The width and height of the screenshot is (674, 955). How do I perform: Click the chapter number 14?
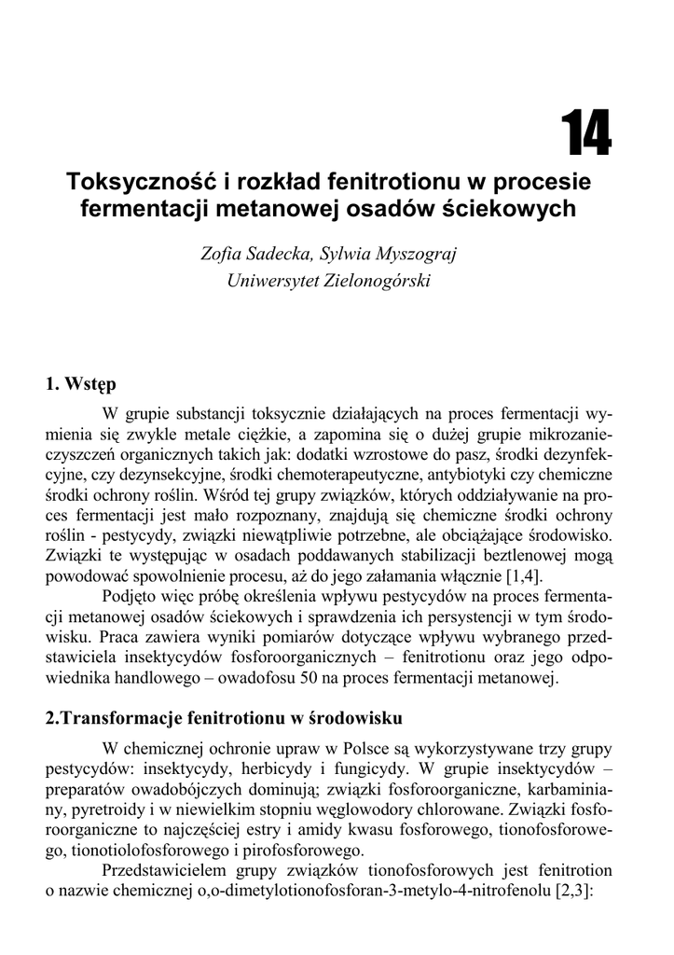pyautogui.click(x=585, y=134)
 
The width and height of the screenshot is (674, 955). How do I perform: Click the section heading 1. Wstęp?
pyautogui.click(x=81, y=383)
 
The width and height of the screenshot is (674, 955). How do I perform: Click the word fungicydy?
pyautogui.click(x=379, y=768)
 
